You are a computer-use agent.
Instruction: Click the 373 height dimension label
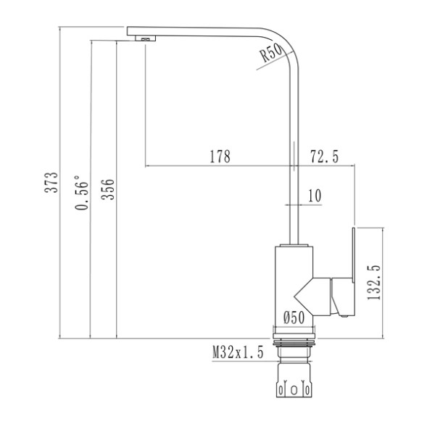point(50,184)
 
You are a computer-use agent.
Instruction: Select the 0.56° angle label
point(83,194)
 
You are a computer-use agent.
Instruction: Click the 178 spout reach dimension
point(220,157)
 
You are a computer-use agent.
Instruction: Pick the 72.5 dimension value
point(324,157)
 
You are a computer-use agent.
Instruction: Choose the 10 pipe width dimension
point(314,195)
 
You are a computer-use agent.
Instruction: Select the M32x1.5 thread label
point(238,353)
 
